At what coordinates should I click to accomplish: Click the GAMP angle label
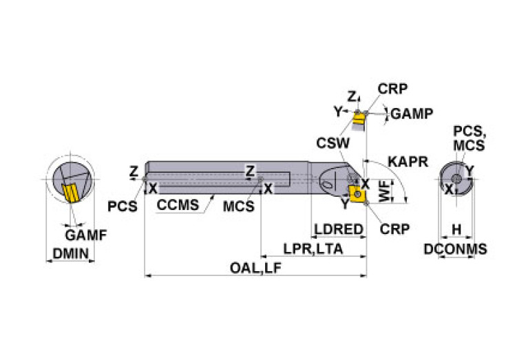412,114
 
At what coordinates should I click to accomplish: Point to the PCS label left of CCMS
123,206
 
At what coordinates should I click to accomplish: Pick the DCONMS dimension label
454,249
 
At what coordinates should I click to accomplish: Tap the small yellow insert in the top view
358,123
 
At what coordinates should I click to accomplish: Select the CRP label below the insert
394,229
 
